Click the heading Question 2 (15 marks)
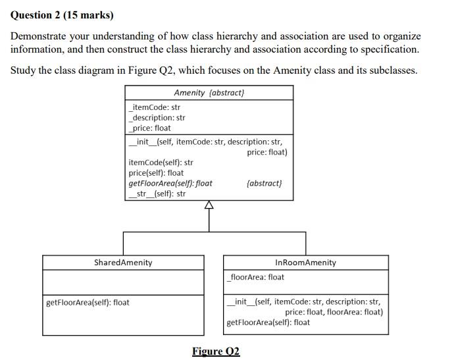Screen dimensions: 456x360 tap(62, 15)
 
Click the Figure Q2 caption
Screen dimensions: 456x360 tap(216, 351)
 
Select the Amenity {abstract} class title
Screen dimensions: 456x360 tap(209, 93)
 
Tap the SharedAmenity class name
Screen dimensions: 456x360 tap(123, 263)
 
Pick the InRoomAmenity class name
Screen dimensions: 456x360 tap(305, 263)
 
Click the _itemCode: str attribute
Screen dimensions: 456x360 tap(155, 107)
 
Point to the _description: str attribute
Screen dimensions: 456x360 tap(157, 118)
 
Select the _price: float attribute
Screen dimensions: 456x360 tap(150, 128)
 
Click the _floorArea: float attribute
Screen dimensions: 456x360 tap(255, 277)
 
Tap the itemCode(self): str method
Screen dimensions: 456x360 tap(161, 163)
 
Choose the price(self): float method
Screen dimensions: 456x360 tap(156, 173)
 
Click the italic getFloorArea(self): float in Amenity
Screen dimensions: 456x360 tap(170, 184)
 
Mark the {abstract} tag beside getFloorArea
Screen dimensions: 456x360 tap(264, 184)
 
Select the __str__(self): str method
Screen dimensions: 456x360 tap(157, 194)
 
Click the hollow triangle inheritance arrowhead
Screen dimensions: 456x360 tap(209, 205)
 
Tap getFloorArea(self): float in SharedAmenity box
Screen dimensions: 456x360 tap(88, 303)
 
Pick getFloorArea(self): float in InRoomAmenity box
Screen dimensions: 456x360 tap(268, 322)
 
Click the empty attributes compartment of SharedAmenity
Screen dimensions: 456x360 tap(123, 282)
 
